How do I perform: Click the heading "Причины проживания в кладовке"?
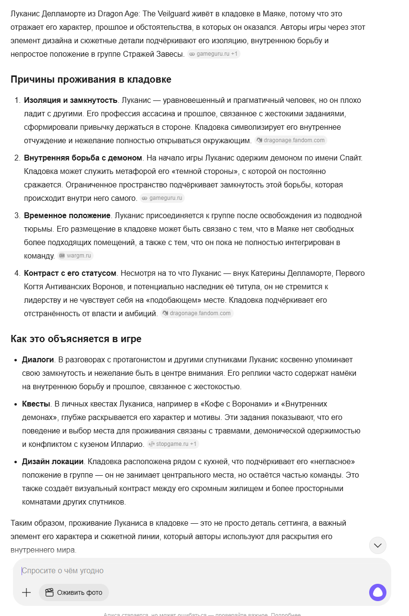(x=91, y=79)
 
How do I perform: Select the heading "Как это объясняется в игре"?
(x=76, y=339)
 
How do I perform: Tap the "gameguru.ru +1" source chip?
(x=214, y=54)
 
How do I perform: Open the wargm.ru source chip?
(x=75, y=256)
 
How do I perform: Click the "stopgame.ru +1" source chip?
(x=173, y=444)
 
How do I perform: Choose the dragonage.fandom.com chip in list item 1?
(x=291, y=140)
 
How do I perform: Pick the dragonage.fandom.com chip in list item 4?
(x=197, y=313)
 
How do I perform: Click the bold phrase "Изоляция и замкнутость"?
(x=71, y=100)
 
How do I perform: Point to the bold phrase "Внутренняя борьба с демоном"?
(x=83, y=158)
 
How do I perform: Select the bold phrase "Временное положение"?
(x=67, y=215)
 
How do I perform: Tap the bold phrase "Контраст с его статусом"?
(x=70, y=273)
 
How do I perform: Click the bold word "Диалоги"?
(x=38, y=359)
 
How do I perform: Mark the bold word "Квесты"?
(x=36, y=404)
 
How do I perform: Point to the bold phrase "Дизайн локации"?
(x=53, y=461)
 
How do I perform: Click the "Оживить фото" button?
(x=74, y=592)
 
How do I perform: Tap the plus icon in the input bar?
(x=26, y=592)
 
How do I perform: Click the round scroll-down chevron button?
(x=378, y=545)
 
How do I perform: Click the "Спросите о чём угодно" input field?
(x=192, y=571)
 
